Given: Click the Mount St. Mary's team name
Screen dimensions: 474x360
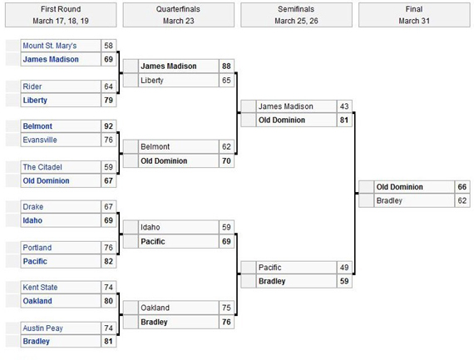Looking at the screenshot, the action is point(50,46).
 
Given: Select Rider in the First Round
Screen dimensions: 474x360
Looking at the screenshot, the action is point(32,86).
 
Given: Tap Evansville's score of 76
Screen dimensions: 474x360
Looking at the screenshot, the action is point(109,140).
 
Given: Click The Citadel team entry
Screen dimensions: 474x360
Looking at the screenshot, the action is point(42,167).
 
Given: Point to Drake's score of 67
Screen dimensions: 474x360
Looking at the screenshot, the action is point(109,207).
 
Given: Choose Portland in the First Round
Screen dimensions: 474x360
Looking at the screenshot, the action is point(37,248).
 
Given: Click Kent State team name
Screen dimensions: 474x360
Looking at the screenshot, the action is point(40,287).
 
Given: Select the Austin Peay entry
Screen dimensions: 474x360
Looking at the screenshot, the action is point(43,328).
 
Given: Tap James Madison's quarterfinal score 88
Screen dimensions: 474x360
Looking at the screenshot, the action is point(226,66).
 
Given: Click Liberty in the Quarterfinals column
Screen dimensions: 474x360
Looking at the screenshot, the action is point(152,81).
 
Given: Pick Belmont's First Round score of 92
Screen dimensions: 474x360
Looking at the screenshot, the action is point(109,126).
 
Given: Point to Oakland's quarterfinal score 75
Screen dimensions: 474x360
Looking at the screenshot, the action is point(226,308).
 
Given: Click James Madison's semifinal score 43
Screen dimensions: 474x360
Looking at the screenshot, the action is point(344,106).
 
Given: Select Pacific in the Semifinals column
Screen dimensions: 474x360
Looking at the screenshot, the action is point(270,268).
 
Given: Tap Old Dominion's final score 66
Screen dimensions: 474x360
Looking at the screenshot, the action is point(462,187).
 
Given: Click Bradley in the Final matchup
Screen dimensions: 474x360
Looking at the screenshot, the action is point(389,200).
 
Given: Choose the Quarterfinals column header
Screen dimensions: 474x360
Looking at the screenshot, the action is point(178,9).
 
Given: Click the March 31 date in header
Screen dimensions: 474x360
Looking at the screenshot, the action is point(414,21).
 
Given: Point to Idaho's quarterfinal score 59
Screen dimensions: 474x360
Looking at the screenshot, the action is point(226,227).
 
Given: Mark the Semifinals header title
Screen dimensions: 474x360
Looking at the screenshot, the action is point(296,9).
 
